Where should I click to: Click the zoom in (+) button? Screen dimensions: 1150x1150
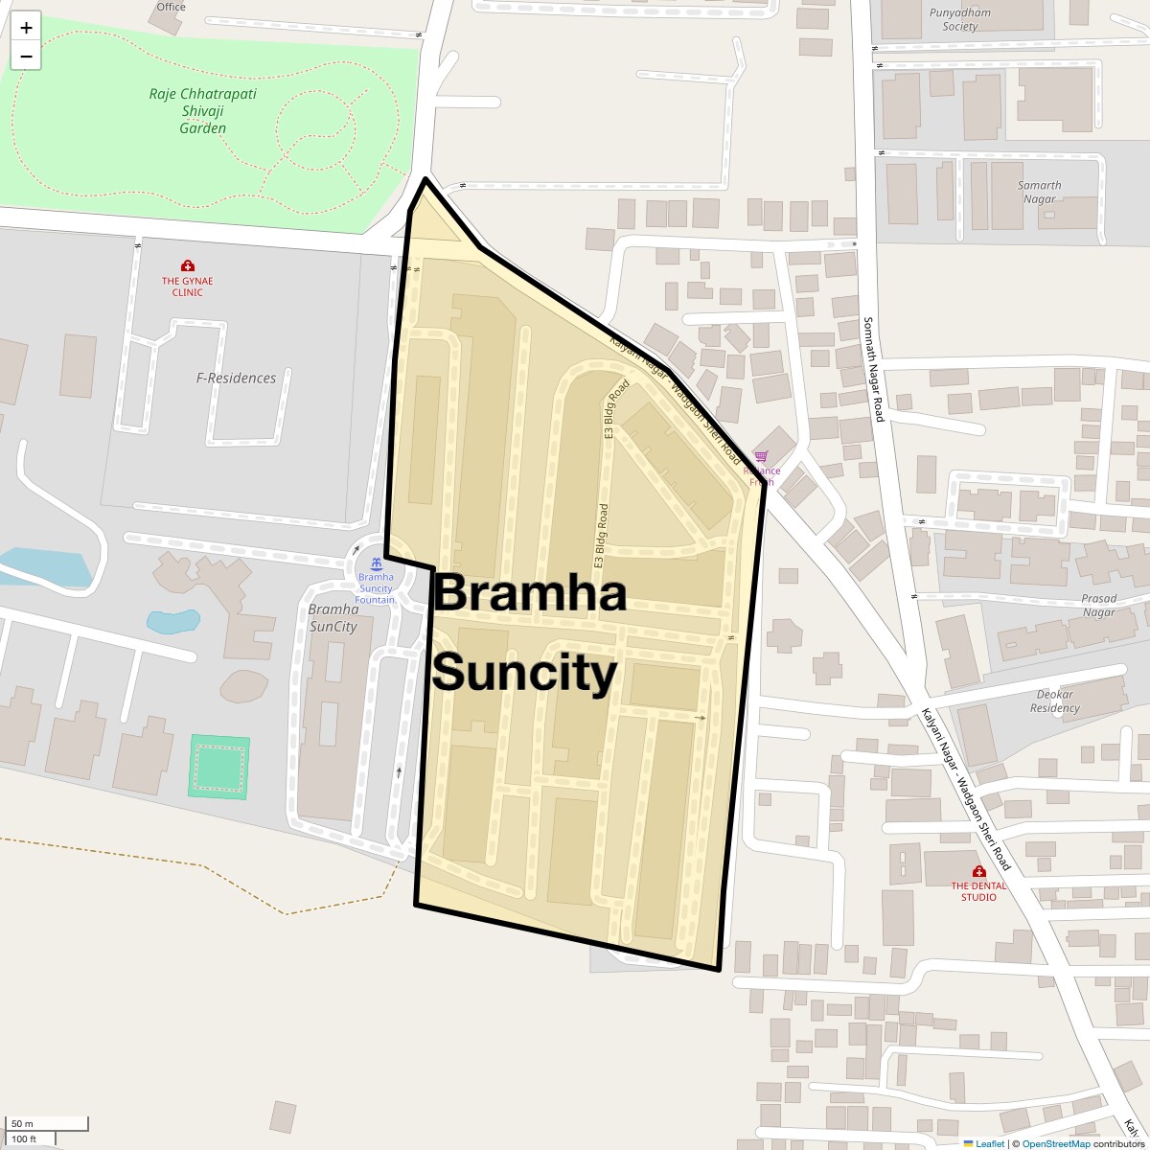pyautogui.click(x=26, y=28)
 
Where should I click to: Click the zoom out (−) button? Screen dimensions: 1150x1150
pyautogui.click(x=26, y=57)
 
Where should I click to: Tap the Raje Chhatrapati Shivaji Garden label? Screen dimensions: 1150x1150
pyautogui.click(x=203, y=111)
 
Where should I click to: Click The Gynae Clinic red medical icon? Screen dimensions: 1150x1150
pyautogui.click(x=187, y=265)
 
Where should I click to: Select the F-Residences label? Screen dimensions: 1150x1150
pyautogui.click(x=236, y=378)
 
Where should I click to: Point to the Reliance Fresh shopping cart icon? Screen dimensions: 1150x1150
pyautogui.click(x=762, y=457)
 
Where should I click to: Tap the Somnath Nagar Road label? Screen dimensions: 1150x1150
pyautogui.click(x=873, y=370)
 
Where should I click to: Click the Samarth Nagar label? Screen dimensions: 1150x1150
pyautogui.click(x=1040, y=192)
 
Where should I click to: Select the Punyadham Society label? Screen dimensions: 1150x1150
pyautogui.click(x=959, y=19)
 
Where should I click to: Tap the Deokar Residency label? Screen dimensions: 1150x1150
pyautogui.click(x=1054, y=701)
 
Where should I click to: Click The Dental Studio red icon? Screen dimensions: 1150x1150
pyautogui.click(x=978, y=871)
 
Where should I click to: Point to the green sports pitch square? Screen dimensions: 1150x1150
pyautogui.click(x=218, y=767)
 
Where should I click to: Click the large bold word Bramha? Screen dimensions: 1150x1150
pyautogui.click(x=530, y=592)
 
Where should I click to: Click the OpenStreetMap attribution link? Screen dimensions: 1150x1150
pyautogui.click(x=1056, y=1143)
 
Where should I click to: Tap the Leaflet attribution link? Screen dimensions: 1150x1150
pyautogui.click(x=990, y=1143)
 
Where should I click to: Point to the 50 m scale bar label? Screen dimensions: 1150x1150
pyautogui.click(x=22, y=1123)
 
